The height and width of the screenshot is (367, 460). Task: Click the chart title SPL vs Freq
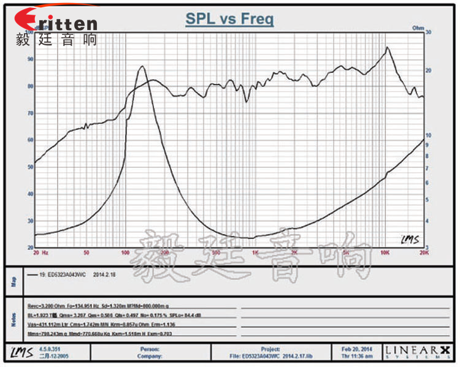[229, 19]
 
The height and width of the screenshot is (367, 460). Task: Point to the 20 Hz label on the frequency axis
[40, 251]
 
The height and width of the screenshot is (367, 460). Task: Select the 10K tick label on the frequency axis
[385, 251]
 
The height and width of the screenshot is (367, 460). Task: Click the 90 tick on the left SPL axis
[30, 59]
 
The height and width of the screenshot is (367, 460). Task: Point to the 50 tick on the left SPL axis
[30, 167]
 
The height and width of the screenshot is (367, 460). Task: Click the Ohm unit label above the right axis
[418, 28]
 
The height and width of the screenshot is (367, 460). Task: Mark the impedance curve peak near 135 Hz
[142, 66]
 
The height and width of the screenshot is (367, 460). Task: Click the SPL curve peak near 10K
[387, 47]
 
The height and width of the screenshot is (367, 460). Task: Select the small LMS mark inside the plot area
[408, 239]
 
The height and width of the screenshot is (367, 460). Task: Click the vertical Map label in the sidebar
[14, 282]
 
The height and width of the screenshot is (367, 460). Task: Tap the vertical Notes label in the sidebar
[14, 319]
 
